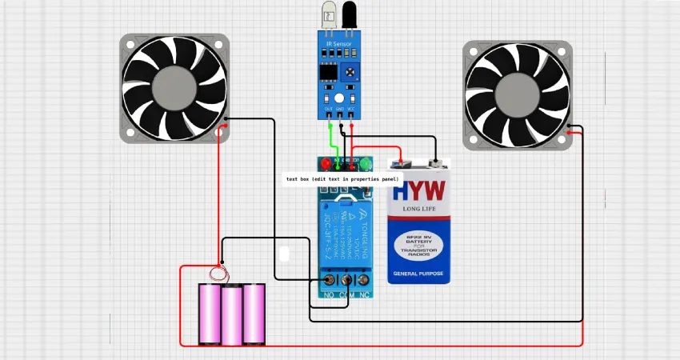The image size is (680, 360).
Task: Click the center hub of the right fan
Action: point(518,96)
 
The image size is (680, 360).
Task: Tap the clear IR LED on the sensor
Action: point(329,15)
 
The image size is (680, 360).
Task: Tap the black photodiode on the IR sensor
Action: point(350,15)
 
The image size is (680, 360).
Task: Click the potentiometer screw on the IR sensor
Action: point(350,73)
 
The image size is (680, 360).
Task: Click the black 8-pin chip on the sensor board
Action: point(327,71)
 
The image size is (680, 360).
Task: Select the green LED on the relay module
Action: point(366,164)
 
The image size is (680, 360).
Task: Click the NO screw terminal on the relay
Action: point(329,281)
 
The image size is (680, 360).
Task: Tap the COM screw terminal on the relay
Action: point(347,281)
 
